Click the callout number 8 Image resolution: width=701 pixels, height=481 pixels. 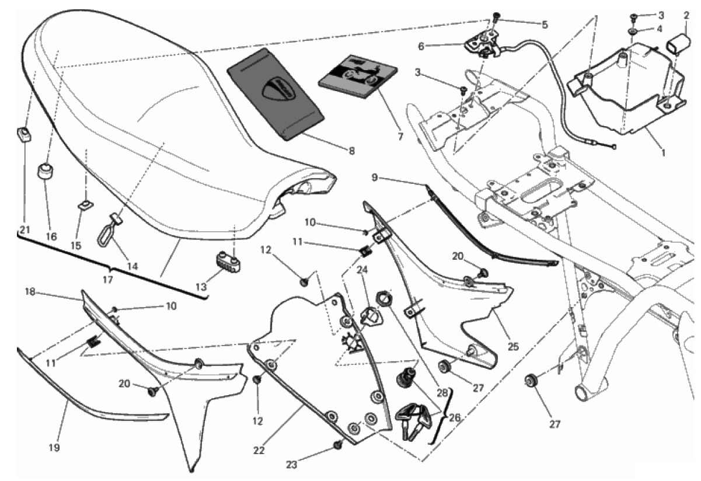click(351, 151)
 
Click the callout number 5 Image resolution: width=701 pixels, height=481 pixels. click(545, 25)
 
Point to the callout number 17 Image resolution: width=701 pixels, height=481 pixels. click(107, 280)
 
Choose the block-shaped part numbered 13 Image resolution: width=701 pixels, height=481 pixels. click(227, 257)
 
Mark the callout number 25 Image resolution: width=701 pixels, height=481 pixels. click(513, 347)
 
